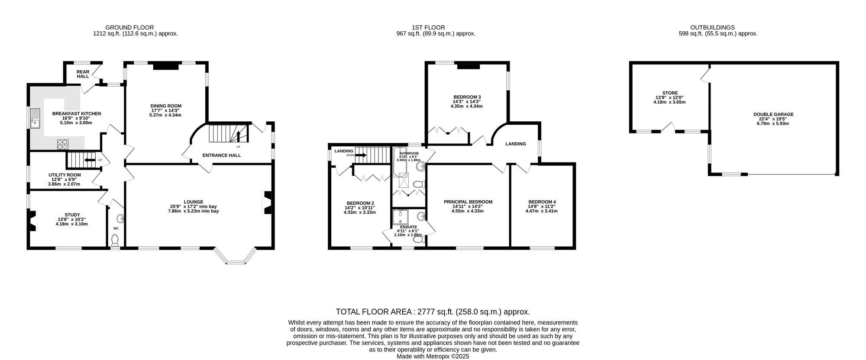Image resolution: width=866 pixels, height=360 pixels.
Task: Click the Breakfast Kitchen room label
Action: pyautogui.click(x=77, y=114)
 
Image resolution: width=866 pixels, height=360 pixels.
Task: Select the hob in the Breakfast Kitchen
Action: pyautogui.click(x=63, y=143)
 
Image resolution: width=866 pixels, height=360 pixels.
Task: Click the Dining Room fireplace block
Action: pyautogui.click(x=166, y=66)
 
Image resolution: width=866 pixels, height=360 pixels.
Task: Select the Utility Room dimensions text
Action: pyautogui.click(x=64, y=184)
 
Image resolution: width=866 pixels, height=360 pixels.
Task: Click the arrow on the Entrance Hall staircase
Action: pyautogui.click(x=238, y=136)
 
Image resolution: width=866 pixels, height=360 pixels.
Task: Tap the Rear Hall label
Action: pyautogui.click(x=83, y=74)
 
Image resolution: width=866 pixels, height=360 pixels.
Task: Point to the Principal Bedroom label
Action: pyautogui.click(x=468, y=202)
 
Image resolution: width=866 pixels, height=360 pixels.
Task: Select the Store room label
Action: pyautogui.click(x=669, y=93)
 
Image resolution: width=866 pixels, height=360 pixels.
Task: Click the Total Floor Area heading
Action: pyautogui.click(x=433, y=312)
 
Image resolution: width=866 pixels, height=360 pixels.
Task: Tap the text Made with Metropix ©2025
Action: pyautogui.click(x=433, y=357)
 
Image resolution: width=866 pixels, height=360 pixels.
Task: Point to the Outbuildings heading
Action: pyautogui.click(x=718, y=27)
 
